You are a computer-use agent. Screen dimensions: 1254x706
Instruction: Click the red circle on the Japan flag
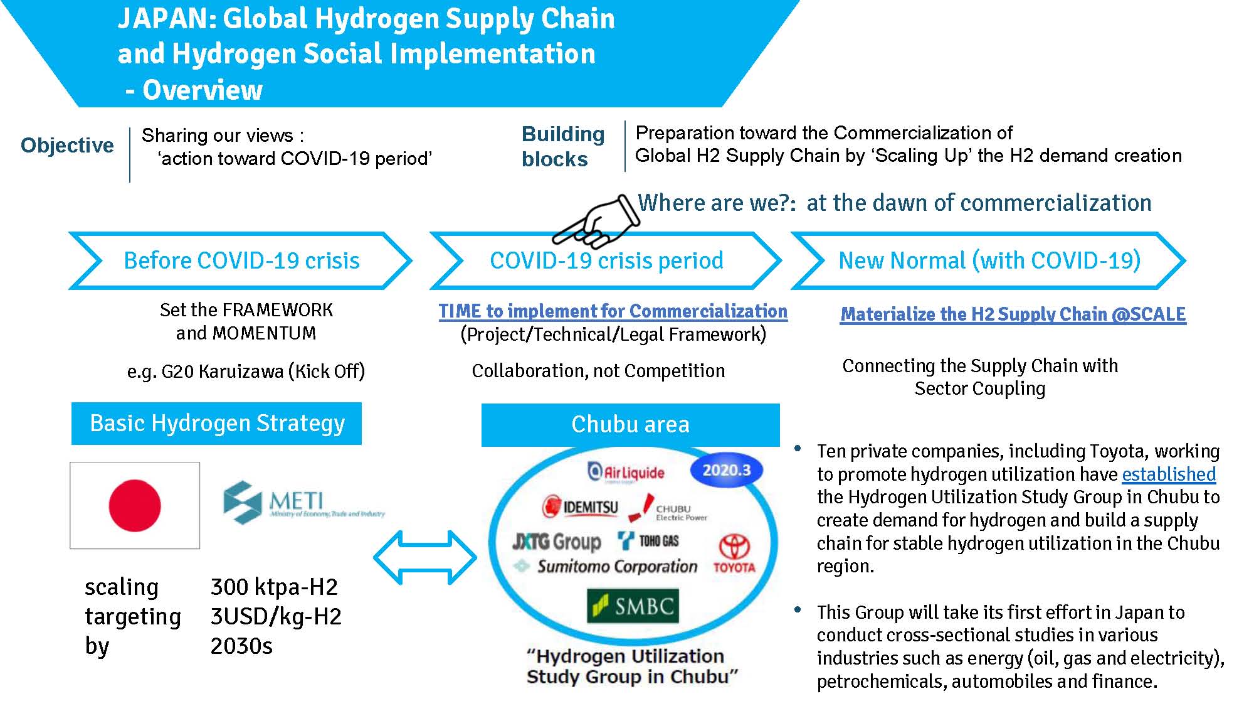[135, 505]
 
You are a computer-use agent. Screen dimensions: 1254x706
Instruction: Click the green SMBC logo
[633, 606]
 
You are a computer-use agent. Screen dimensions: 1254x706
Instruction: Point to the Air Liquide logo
[626, 472]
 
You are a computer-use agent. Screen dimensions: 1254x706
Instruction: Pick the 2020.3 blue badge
[726, 470]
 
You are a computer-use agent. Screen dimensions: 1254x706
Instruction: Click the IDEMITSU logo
[581, 506]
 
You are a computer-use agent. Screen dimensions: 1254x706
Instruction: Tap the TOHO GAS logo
[648, 540]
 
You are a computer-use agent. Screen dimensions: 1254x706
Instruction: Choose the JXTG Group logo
[557, 541]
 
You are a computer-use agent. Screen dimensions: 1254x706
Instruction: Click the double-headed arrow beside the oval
[425, 557]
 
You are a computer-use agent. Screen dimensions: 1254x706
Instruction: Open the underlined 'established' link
[1169, 474]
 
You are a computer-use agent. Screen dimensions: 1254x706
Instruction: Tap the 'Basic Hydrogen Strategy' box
[216, 424]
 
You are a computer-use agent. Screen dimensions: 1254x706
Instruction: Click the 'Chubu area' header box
[630, 425]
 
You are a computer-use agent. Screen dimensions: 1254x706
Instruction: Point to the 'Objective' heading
[67, 145]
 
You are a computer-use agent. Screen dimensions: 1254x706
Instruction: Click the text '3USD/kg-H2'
[276, 616]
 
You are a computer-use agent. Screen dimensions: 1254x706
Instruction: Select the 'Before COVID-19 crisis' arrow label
[241, 260]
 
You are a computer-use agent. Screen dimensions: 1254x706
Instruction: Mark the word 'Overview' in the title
[203, 90]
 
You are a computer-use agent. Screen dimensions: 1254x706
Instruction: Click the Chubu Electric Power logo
[668, 509]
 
